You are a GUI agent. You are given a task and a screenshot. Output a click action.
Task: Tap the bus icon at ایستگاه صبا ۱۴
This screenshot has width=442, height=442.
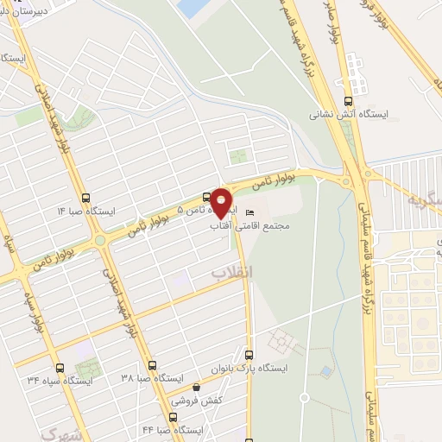(x=85, y=198)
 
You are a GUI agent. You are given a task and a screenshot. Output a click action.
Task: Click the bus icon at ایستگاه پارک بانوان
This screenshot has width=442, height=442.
(x=249, y=354)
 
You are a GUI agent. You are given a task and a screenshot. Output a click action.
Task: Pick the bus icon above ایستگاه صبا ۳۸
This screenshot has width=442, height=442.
(x=152, y=365)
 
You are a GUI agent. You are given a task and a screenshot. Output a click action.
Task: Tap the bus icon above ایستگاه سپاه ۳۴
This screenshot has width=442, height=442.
(x=59, y=366)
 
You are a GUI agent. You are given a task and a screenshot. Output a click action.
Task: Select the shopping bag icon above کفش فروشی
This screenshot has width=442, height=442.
(x=198, y=388)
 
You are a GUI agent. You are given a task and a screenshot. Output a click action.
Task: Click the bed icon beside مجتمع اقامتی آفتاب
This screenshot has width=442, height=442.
(x=250, y=213)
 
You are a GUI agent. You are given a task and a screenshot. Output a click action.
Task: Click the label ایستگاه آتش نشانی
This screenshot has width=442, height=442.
(x=351, y=114)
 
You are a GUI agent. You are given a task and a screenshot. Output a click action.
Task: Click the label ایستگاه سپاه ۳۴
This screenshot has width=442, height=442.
(x=59, y=380)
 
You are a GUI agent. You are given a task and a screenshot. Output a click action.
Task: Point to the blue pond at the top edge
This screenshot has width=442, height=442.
(x=187, y=7)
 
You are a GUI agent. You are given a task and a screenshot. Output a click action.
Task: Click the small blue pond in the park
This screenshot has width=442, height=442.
(x=325, y=371)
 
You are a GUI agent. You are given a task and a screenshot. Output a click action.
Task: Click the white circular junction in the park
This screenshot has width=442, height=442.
(x=304, y=398)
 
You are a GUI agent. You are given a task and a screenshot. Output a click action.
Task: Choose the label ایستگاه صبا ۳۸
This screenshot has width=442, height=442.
(x=152, y=379)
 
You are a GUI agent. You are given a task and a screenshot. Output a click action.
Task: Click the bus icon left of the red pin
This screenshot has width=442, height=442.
(x=205, y=196)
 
